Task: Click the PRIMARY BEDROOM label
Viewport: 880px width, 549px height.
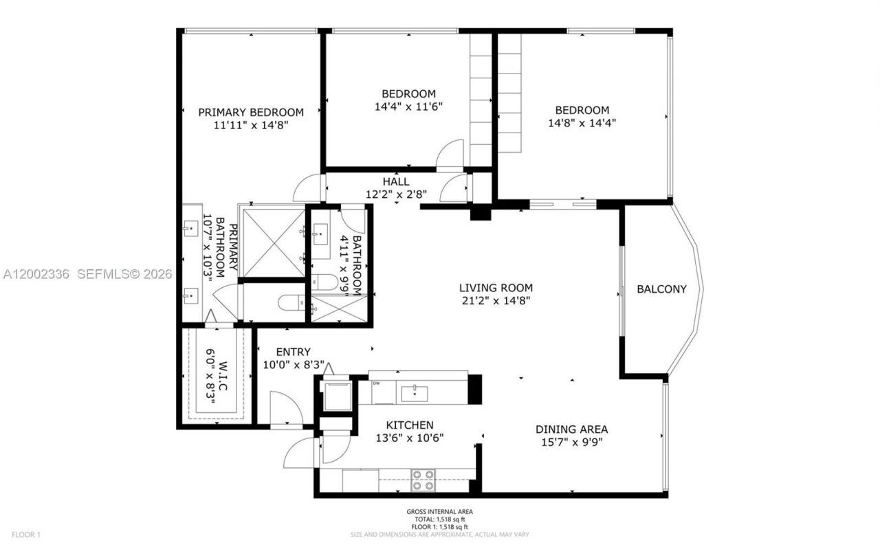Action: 251,112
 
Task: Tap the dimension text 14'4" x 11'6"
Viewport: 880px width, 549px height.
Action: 409,107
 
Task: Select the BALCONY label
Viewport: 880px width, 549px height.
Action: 661,289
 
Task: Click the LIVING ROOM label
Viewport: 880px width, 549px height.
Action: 496,288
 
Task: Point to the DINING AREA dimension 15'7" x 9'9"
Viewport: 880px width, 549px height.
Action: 571,442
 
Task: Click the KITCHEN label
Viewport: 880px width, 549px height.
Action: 409,425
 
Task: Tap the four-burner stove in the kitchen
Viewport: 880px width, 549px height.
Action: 423,480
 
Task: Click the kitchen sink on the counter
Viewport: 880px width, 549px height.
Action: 414,394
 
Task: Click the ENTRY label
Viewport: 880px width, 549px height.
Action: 294,352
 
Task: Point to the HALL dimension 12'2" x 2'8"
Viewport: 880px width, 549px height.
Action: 397,194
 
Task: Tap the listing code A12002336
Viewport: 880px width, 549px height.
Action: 36,274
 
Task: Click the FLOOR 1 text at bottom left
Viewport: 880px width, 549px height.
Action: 26,534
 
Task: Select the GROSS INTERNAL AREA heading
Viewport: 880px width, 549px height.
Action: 439,512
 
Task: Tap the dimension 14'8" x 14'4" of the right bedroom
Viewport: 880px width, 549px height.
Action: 582,123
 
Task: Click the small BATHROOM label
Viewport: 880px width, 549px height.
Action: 356,265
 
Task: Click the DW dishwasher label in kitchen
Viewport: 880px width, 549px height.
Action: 375,383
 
